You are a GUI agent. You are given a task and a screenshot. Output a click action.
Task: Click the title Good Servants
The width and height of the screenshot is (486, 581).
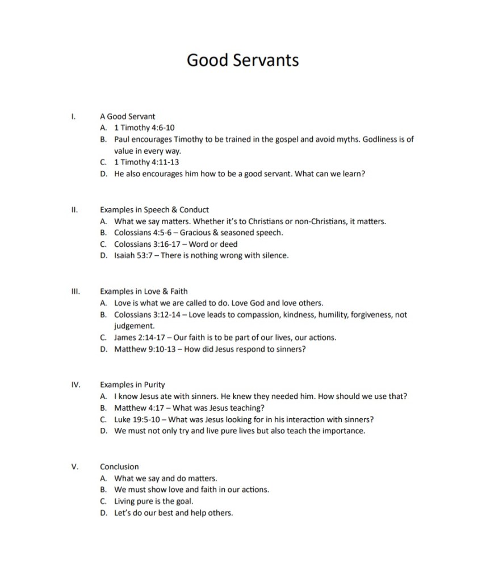(x=242, y=60)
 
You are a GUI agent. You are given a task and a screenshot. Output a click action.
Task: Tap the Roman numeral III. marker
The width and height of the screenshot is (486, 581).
(x=75, y=292)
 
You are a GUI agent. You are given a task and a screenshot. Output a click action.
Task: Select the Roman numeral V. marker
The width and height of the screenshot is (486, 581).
(x=75, y=466)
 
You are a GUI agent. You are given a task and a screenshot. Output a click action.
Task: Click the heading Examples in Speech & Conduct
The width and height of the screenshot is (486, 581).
(x=154, y=210)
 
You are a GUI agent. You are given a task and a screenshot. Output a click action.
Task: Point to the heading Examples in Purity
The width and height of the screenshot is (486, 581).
(x=132, y=385)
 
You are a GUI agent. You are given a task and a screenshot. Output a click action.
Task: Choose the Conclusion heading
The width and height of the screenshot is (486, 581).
(x=119, y=466)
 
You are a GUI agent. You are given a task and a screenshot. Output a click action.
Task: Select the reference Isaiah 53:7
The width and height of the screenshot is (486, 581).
(x=134, y=255)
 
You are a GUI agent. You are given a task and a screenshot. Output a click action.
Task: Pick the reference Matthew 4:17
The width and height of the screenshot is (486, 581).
(x=138, y=408)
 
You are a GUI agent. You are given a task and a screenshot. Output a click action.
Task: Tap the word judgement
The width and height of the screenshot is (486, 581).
(x=134, y=326)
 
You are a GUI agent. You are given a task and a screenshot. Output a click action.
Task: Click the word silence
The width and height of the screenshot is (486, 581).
(x=274, y=255)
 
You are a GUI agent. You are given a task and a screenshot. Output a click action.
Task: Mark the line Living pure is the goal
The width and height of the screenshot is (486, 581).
(x=153, y=501)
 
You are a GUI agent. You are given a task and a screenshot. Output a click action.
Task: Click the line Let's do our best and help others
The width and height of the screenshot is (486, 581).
(x=173, y=513)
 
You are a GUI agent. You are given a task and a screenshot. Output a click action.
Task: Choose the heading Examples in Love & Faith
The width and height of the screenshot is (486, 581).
(x=144, y=292)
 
